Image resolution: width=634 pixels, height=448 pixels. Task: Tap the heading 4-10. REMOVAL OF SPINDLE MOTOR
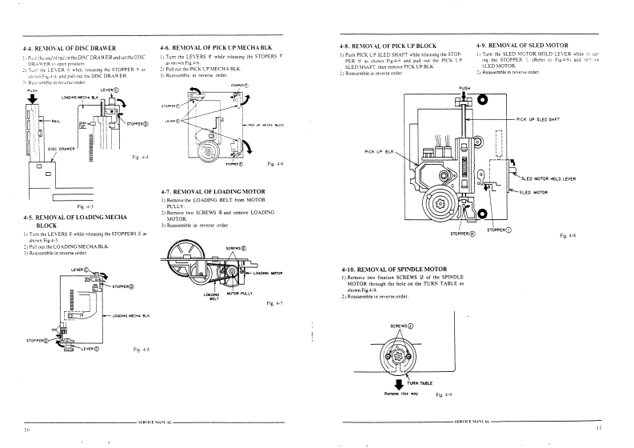pyautogui.click(x=395, y=267)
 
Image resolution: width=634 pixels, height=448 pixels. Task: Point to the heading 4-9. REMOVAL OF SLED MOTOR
pyautogui.click(x=522, y=46)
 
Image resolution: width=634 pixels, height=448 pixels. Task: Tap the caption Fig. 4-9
pyautogui.click(x=445, y=394)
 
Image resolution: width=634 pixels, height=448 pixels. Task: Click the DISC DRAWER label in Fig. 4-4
pyautogui.click(x=62, y=149)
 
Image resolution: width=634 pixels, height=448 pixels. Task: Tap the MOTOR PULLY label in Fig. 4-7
pyautogui.click(x=239, y=293)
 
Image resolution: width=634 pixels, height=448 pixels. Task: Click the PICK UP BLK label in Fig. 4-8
pyautogui.click(x=379, y=151)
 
